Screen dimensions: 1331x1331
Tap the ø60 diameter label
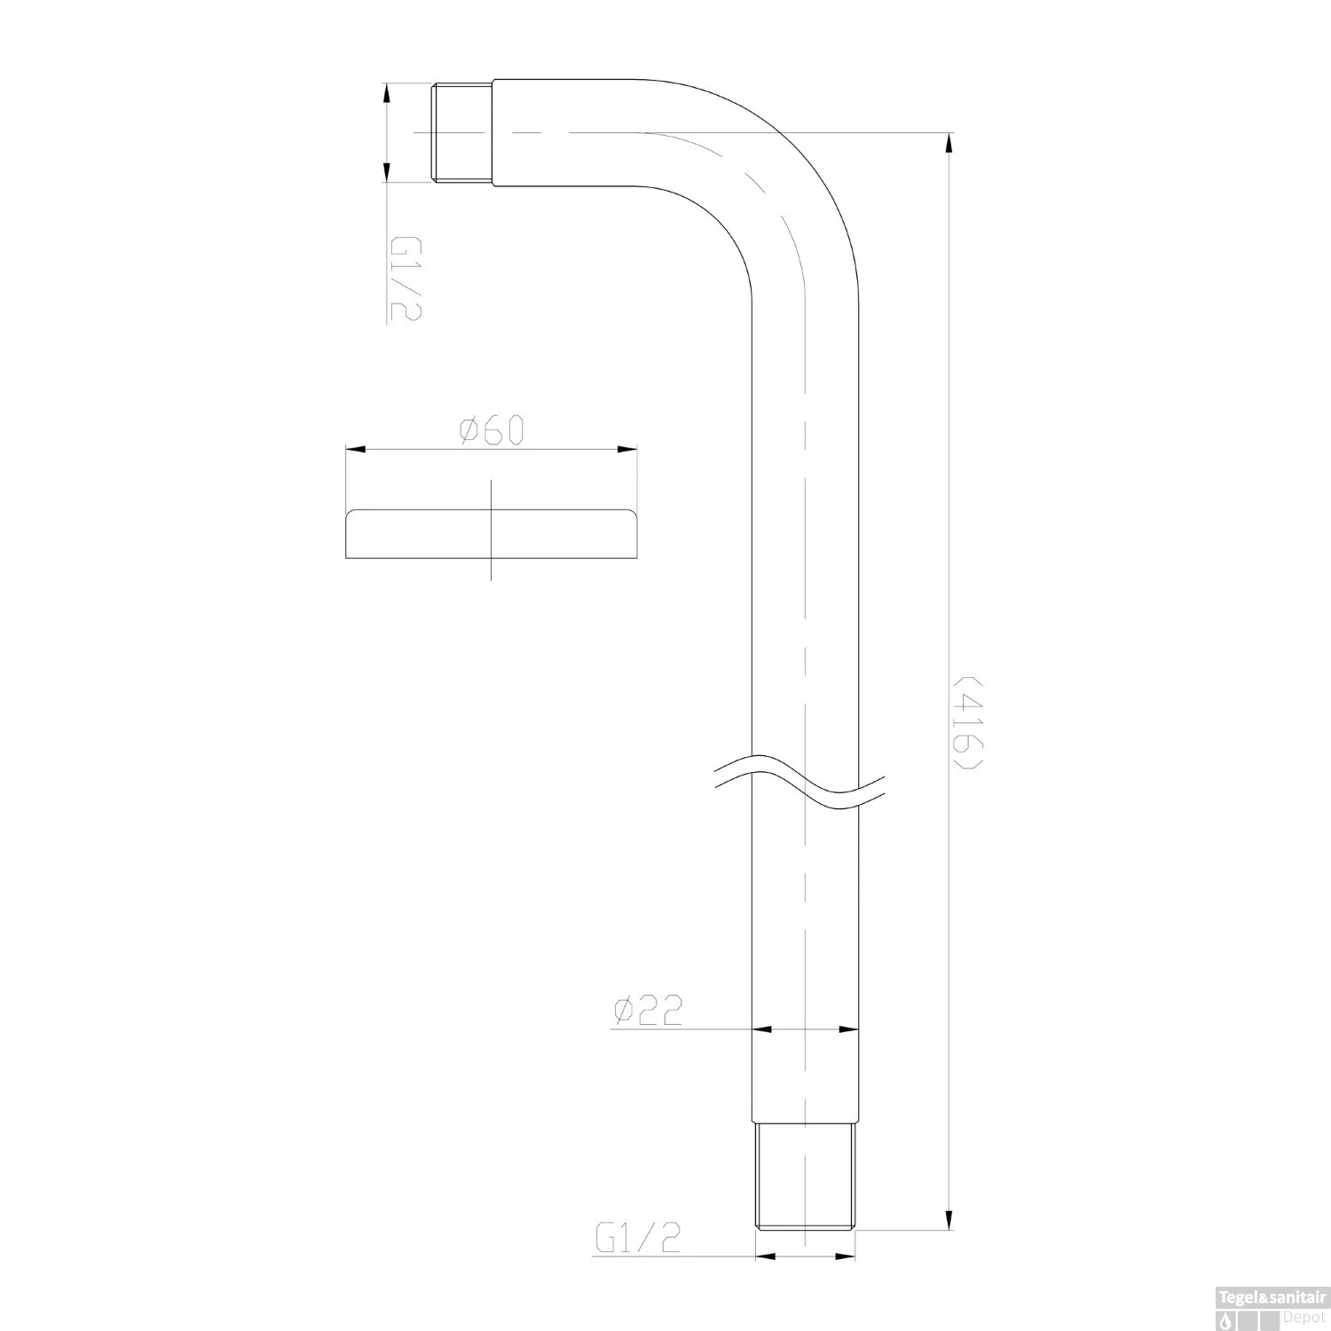[x=492, y=431]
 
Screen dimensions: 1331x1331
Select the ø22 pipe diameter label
[x=647, y=1010]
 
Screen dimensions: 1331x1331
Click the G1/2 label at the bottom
[x=638, y=1238]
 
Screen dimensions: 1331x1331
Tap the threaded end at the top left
[x=462, y=132]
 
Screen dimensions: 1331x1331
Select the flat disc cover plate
[x=491, y=535]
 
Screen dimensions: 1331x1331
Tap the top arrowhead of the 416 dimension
[x=949, y=144]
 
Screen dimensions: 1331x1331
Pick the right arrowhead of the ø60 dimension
[x=627, y=450]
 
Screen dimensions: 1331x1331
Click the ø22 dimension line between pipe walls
[x=806, y=1029]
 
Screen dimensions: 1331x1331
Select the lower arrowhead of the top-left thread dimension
[x=385, y=171]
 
